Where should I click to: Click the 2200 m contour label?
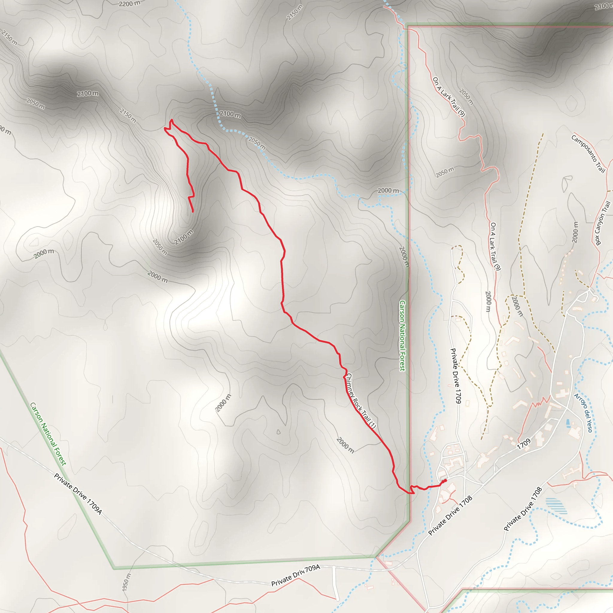(129, 4)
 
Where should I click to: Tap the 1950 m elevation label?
(126, 582)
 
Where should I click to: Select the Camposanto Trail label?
(588, 154)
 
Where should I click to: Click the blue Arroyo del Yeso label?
(583, 412)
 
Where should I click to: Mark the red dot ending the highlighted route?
(445, 481)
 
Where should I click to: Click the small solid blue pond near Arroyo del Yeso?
(568, 422)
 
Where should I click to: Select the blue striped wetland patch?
(556, 506)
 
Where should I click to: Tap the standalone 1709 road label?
(524, 444)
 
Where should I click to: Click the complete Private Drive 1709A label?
(78, 494)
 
